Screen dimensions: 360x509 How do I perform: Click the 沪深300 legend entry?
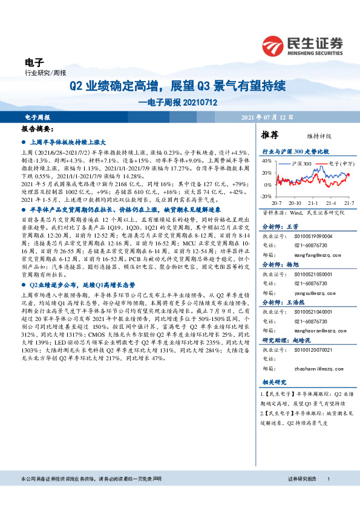tap(301, 164)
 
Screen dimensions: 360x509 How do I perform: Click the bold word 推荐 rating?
tap(270, 135)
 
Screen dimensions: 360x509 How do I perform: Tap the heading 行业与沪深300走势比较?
tap(295, 151)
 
